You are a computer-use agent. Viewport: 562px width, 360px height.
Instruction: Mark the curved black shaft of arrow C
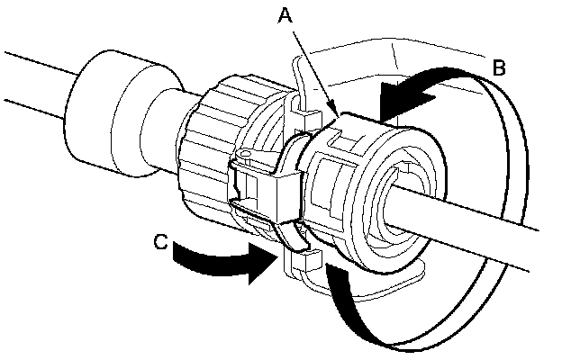coord(207,257)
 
